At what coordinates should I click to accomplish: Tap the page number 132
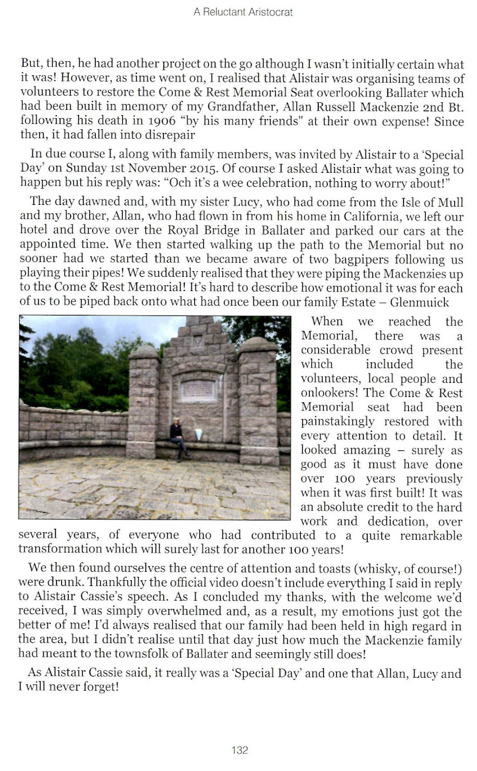coord(239,750)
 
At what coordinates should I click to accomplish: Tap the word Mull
coord(449,202)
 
